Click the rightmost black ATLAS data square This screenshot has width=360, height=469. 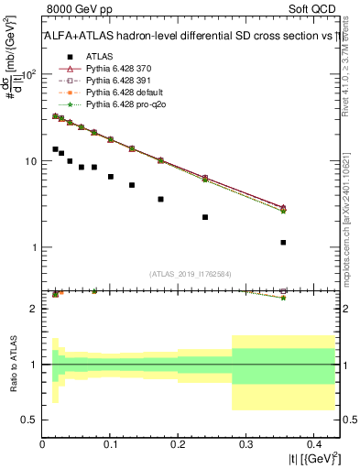pyautogui.click(x=283, y=243)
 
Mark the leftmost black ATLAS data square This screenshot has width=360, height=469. pyautogui.click(x=56, y=148)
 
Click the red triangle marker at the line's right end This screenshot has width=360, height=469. pyautogui.click(x=283, y=208)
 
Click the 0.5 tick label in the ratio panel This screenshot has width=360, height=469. pyautogui.click(x=30, y=420)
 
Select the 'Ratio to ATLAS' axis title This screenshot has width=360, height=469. pyautogui.click(x=12, y=364)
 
